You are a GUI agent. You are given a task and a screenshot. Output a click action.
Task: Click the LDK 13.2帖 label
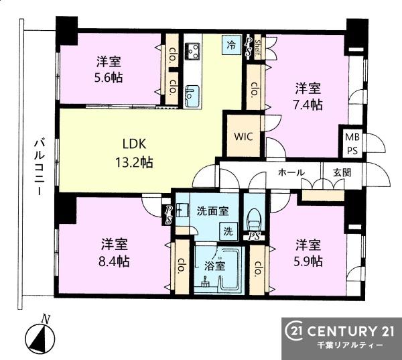click(134, 153)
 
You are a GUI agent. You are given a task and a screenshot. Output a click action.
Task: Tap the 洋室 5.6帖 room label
click(109, 70)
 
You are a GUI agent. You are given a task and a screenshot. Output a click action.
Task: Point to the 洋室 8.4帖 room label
click(115, 253)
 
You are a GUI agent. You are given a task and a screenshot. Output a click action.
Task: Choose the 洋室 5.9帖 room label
click(308, 253)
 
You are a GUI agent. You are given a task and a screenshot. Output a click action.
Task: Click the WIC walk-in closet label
click(243, 136)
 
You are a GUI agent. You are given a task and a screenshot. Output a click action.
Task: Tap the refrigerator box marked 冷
click(232, 45)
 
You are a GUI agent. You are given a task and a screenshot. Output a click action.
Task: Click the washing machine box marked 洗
click(228, 231)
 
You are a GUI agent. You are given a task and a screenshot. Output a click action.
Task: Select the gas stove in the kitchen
click(193, 51)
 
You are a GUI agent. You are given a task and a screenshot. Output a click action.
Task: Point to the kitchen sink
click(192, 95)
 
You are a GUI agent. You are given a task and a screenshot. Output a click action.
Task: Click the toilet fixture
click(254, 219)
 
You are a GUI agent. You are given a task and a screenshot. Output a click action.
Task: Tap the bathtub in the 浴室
click(231, 269)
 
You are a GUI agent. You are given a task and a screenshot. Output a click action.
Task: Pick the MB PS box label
click(352, 144)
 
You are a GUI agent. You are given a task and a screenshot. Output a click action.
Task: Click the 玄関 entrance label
click(342, 173)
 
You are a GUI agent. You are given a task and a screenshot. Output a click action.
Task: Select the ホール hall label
click(291, 173)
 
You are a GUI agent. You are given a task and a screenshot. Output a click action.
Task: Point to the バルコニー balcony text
click(40, 167)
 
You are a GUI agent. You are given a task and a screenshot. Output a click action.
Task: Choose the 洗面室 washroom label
click(212, 211)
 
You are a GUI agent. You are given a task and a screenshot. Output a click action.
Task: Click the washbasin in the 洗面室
click(182, 211)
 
